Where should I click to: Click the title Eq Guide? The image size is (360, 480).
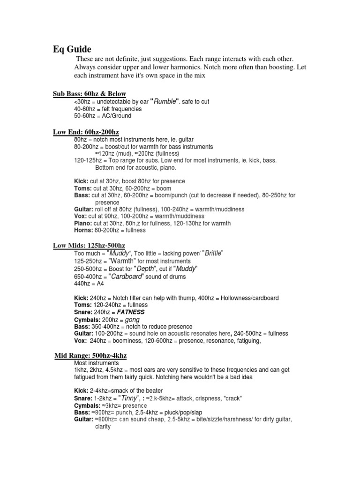[72, 49]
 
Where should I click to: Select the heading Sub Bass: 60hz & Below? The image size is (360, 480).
[89, 94]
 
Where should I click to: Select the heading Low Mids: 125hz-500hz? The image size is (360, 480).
[89, 246]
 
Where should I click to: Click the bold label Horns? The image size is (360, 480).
[82, 230]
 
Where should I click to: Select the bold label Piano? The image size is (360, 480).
[83, 223]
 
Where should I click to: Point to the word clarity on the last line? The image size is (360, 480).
[102, 427]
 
